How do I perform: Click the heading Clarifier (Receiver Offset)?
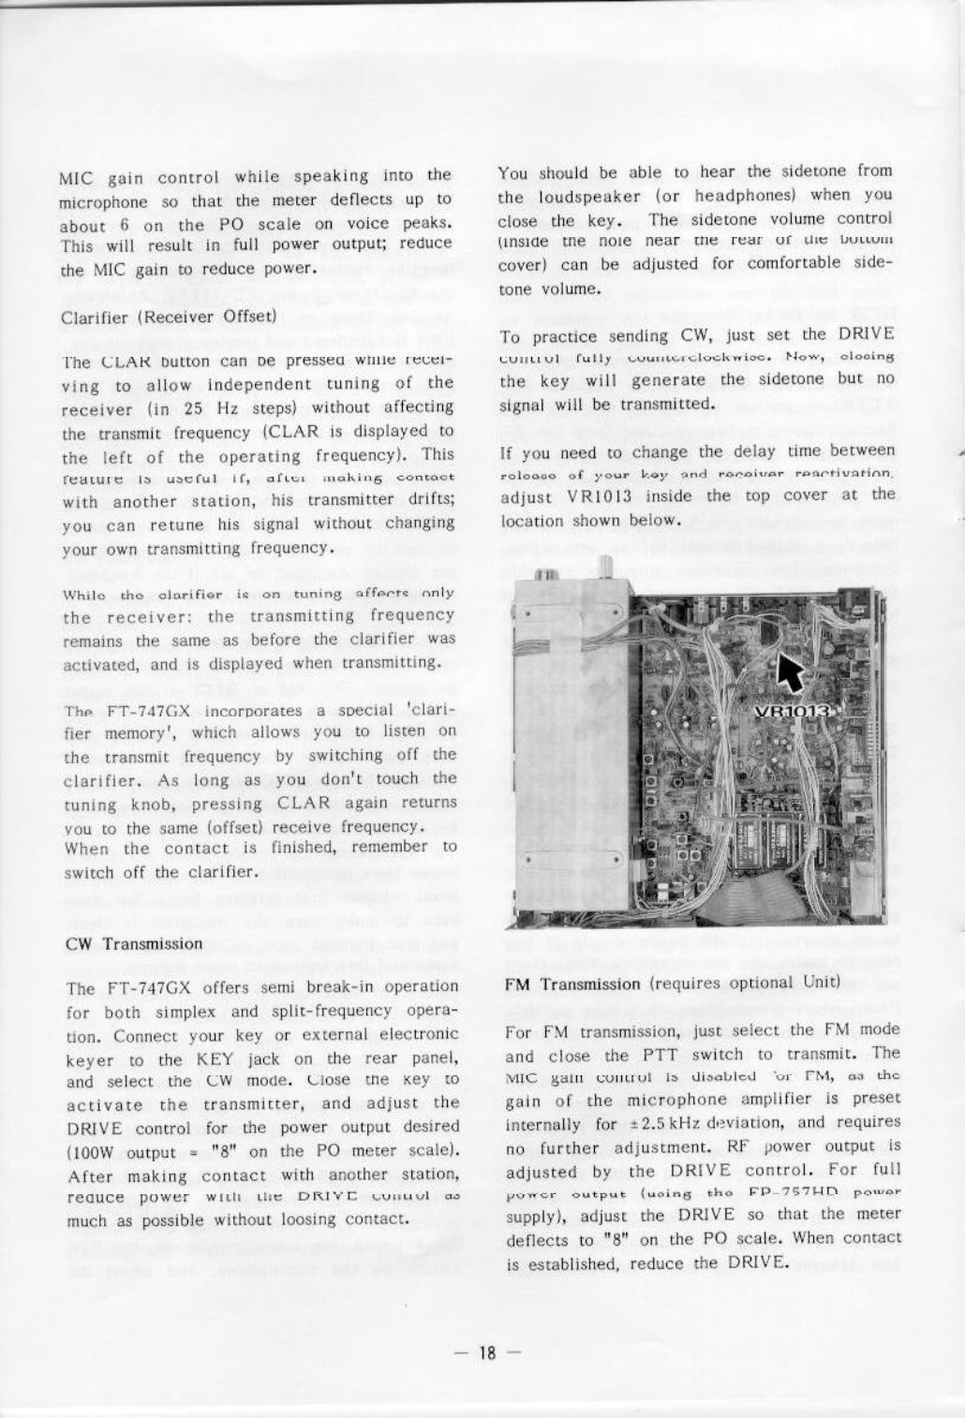click(168, 317)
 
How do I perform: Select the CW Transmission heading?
click(134, 943)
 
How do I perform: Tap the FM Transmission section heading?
click(572, 983)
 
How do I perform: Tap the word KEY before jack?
click(213, 1059)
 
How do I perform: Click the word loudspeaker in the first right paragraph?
click(588, 197)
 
